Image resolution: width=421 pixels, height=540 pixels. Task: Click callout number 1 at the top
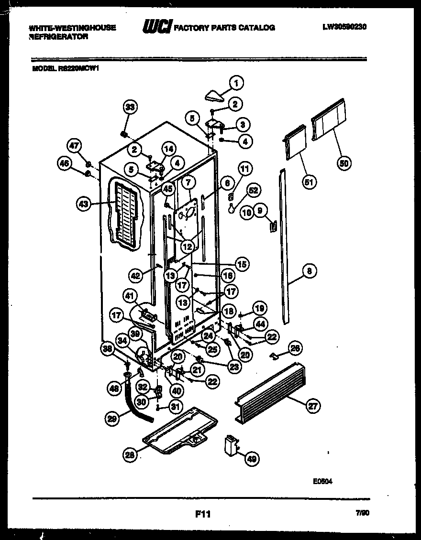(x=235, y=83)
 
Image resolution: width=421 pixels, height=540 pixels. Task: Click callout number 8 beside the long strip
(x=310, y=271)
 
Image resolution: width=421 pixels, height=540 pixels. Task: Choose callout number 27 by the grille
(x=313, y=406)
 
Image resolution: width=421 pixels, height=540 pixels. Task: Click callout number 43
(x=84, y=204)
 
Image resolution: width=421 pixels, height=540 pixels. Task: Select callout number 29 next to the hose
(x=112, y=419)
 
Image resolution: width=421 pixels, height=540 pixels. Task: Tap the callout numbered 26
(x=296, y=348)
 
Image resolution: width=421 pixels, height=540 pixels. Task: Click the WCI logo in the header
(x=156, y=27)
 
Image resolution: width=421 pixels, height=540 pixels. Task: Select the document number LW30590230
(x=344, y=27)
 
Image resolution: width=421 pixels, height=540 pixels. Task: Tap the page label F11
(x=203, y=514)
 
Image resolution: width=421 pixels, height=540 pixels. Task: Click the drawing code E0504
(x=322, y=482)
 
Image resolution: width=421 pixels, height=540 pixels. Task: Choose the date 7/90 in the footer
(x=363, y=513)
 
